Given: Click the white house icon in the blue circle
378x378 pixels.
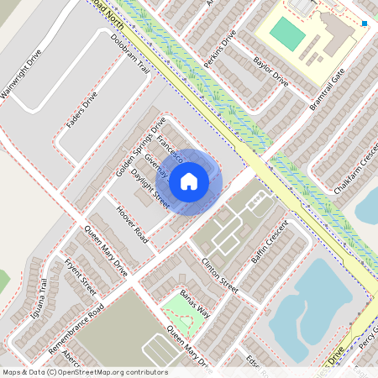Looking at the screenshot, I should pos(188,180).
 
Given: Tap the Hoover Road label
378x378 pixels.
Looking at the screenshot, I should pos(133,224).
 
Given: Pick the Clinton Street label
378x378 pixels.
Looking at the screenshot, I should pos(219,274).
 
